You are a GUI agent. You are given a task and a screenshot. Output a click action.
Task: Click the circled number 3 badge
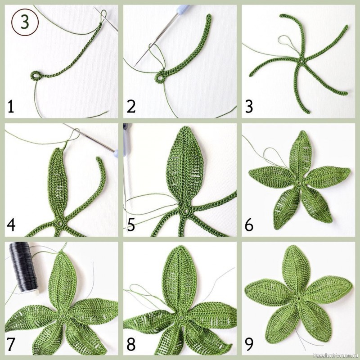pyautogui.click(x=25, y=22)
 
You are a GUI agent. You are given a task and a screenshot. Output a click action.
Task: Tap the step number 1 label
pyautogui.click(x=10, y=107)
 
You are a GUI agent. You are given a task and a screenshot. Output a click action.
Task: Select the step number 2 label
pyautogui.click(x=131, y=107)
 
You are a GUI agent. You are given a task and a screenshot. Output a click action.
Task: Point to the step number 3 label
pyautogui.click(x=249, y=107)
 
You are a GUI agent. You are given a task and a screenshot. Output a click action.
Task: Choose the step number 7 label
pyautogui.click(x=11, y=344)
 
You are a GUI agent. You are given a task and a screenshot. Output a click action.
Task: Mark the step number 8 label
pyautogui.click(x=131, y=344)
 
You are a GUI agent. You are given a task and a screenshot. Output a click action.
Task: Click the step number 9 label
pyautogui.click(x=249, y=344)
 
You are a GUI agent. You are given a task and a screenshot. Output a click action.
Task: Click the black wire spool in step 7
pyautogui.click(x=24, y=268)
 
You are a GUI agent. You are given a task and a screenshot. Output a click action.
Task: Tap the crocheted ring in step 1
pyautogui.click(x=36, y=76)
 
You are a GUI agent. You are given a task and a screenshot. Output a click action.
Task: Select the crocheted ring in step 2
pyautogui.click(x=159, y=77)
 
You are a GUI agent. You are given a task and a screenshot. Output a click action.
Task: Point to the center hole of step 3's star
pyautogui.click(x=301, y=62)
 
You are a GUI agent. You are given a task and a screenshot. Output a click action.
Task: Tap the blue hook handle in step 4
pyautogui.click(x=116, y=153)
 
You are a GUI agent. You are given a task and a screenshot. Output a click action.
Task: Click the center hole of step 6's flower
pyautogui.click(x=299, y=183)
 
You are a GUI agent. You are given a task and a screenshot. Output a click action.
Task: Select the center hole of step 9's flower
pyautogui.click(x=298, y=298)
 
